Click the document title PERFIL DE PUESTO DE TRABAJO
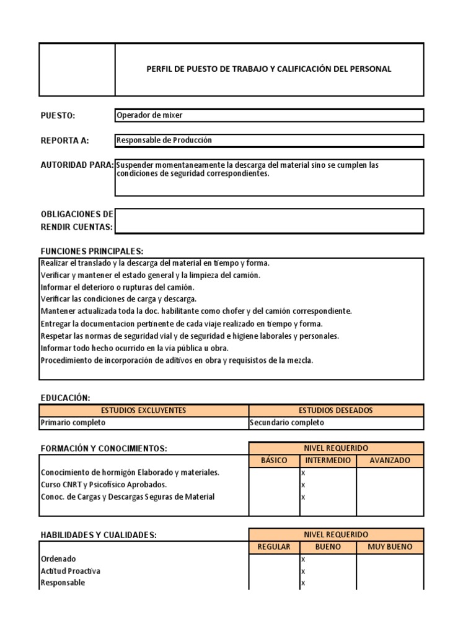pos(268,69)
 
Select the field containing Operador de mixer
pos(269,115)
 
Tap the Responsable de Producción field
pos(269,141)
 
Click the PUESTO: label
pos(58,115)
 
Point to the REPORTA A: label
pos(64,141)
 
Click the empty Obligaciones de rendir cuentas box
pos(269,220)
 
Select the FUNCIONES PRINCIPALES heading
pos(92,251)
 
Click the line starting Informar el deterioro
pos(118,287)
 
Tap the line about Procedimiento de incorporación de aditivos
pos(177,360)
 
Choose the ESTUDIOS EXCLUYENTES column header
pos(144,410)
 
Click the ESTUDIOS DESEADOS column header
pos(337,410)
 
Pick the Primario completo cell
pos(73,423)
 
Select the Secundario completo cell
pos(286,423)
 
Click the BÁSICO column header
pos(274,461)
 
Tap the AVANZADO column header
pos(390,461)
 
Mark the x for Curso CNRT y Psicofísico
pos(303,485)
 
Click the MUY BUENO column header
pos(390,547)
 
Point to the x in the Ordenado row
pos(303,559)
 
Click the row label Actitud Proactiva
pos(70,571)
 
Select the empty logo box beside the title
pos(77,69)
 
